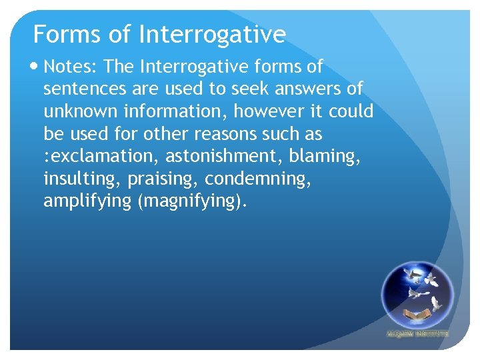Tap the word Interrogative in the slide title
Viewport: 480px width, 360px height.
pos(213,34)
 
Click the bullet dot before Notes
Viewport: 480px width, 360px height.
pos(35,67)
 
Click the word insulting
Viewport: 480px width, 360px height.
pos(76,179)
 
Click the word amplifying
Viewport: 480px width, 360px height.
pos(87,201)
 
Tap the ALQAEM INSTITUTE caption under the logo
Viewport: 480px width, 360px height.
pos(417,333)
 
